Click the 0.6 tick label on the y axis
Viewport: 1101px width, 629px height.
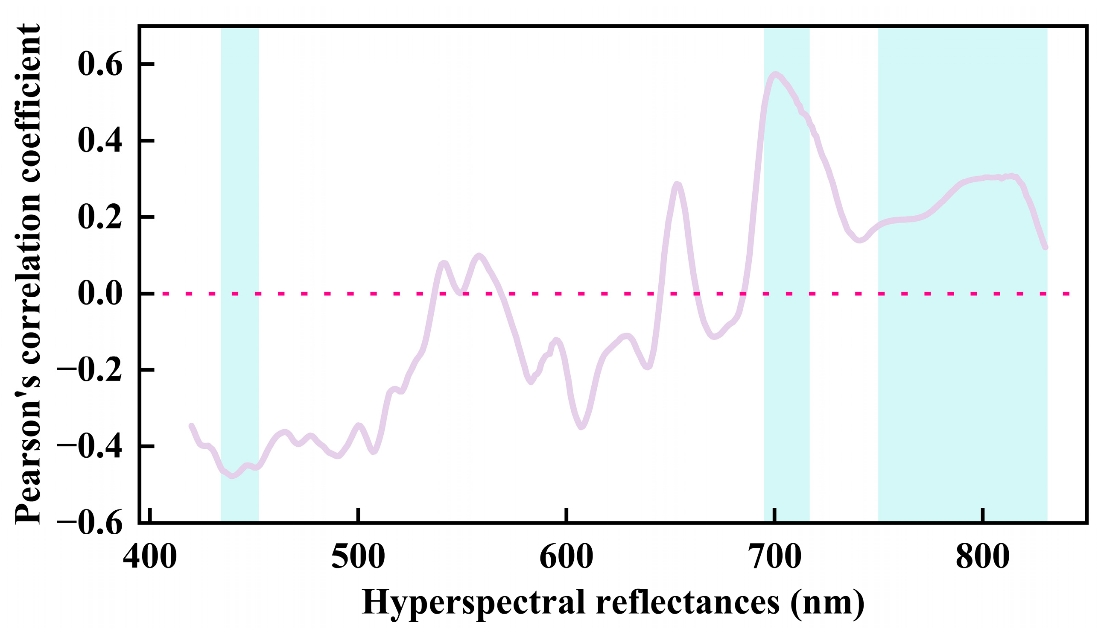[100, 64]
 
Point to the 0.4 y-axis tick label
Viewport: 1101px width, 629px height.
[100, 141]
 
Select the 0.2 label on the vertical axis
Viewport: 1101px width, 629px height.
[100, 217]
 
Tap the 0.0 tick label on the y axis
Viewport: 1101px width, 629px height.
[100, 294]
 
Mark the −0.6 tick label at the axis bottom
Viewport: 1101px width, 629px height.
[89, 523]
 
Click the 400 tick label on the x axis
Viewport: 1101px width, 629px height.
[150, 557]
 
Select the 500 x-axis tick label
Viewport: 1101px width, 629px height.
[358, 557]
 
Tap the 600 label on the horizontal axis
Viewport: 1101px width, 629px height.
[566, 557]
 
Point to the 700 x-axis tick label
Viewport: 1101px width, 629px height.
[775, 557]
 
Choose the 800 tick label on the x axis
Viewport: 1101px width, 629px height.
[983, 557]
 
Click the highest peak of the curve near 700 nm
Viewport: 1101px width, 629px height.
[775, 74]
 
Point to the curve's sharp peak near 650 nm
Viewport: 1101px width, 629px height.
[678, 185]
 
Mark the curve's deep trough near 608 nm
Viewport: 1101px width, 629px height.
[582, 427]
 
